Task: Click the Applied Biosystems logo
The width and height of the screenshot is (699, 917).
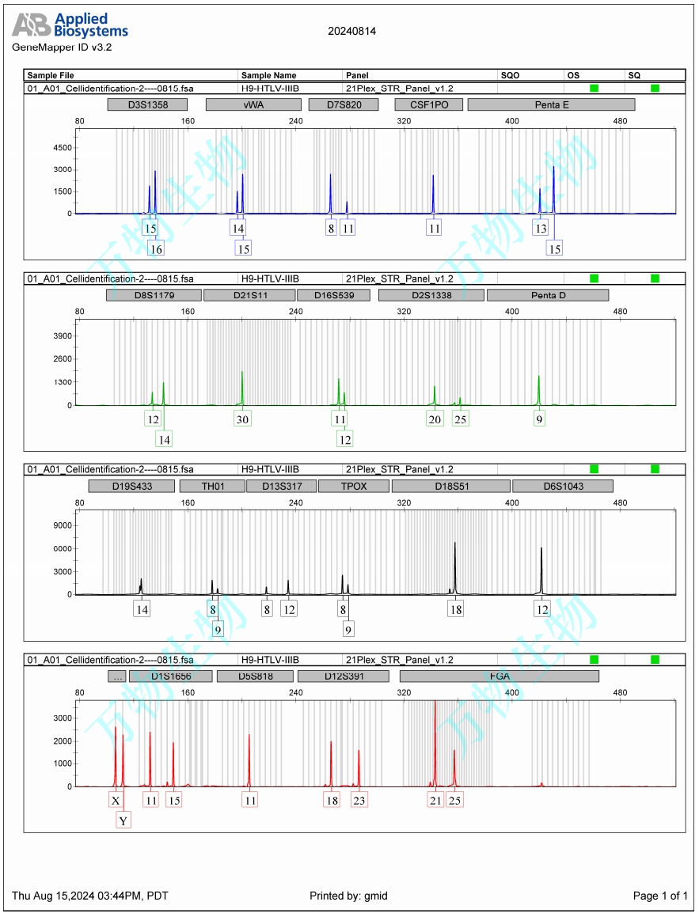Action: [70, 25]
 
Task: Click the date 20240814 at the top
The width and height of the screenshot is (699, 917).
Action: [351, 31]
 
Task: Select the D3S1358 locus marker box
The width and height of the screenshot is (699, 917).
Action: [148, 104]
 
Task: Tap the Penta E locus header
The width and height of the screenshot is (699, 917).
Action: [551, 104]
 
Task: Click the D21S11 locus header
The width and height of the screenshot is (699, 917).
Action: [249, 295]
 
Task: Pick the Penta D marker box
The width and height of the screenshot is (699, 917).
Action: [548, 295]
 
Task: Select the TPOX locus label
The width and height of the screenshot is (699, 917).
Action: [353, 486]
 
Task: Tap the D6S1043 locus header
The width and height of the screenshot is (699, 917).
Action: [562, 486]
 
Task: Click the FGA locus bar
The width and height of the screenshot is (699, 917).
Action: [499, 676]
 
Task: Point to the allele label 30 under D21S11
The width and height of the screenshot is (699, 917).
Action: [242, 419]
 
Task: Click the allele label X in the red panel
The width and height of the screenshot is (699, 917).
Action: [116, 801]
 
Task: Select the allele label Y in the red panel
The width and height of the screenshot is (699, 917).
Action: [123, 821]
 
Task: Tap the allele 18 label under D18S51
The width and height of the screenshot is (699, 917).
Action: [455, 610]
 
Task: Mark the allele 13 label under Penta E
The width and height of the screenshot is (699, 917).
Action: [541, 229]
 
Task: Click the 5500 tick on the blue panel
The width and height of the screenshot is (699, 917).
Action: [62, 148]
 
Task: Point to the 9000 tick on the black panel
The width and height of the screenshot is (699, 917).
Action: [62, 525]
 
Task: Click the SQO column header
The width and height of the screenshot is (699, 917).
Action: [511, 75]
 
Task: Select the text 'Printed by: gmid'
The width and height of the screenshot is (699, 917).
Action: [348, 896]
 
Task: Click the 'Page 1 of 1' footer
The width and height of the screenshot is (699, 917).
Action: [660, 896]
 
